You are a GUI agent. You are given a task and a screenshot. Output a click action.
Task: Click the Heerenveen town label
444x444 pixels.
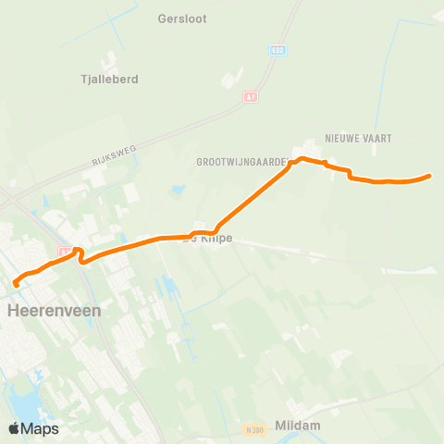(x=54, y=312)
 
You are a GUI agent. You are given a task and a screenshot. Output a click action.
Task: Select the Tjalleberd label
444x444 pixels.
(x=110, y=80)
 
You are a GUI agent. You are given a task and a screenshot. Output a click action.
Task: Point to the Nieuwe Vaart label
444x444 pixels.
(x=359, y=138)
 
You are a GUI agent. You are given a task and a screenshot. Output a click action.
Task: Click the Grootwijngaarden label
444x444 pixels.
(x=241, y=161)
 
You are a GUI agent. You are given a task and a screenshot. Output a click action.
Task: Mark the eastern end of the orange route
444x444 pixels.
(x=430, y=176)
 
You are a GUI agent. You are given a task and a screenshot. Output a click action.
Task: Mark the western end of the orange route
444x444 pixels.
(x=15, y=284)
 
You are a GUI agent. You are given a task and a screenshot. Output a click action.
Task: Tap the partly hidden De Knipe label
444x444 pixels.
(x=210, y=240)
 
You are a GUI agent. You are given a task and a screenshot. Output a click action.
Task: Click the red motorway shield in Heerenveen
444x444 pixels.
(x=64, y=252)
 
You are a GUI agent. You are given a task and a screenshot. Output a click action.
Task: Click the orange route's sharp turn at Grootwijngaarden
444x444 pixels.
(x=293, y=163)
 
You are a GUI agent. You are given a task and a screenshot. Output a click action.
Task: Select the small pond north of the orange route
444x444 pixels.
(x=176, y=191)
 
